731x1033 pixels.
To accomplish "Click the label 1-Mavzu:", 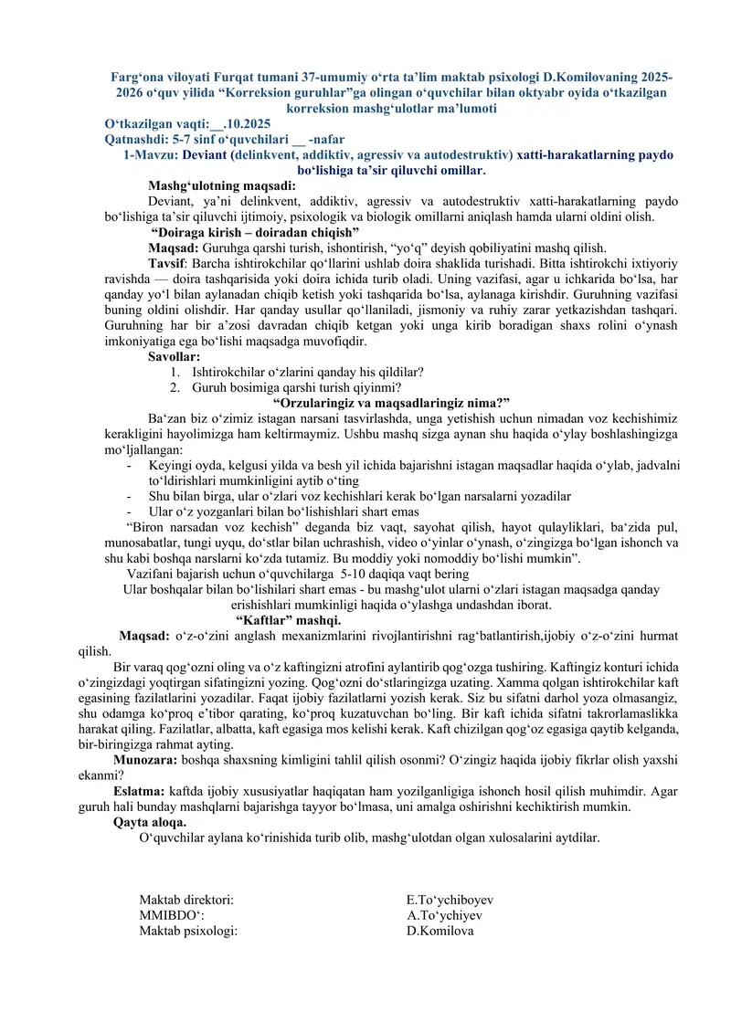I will (x=145, y=154).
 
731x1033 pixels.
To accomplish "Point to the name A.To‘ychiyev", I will (x=444, y=916).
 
